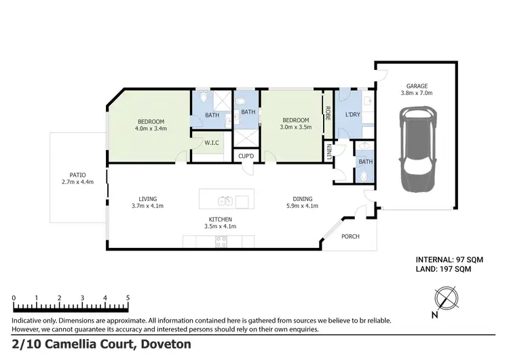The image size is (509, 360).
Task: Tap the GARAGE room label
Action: coord(416,86)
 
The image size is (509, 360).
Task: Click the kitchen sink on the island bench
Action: coord(226,200)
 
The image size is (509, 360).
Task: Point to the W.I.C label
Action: coord(211,143)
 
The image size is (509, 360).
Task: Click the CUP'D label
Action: coord(246,157)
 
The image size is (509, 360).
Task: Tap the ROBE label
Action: coord(328,113)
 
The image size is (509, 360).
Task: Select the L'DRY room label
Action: coord(352,114)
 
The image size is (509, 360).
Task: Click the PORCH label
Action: coord(350,237)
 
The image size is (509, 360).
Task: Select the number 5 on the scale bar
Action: coord(128,298)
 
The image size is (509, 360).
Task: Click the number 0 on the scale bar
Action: coord(14,298)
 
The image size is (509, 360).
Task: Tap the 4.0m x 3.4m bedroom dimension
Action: coord(151,128)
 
